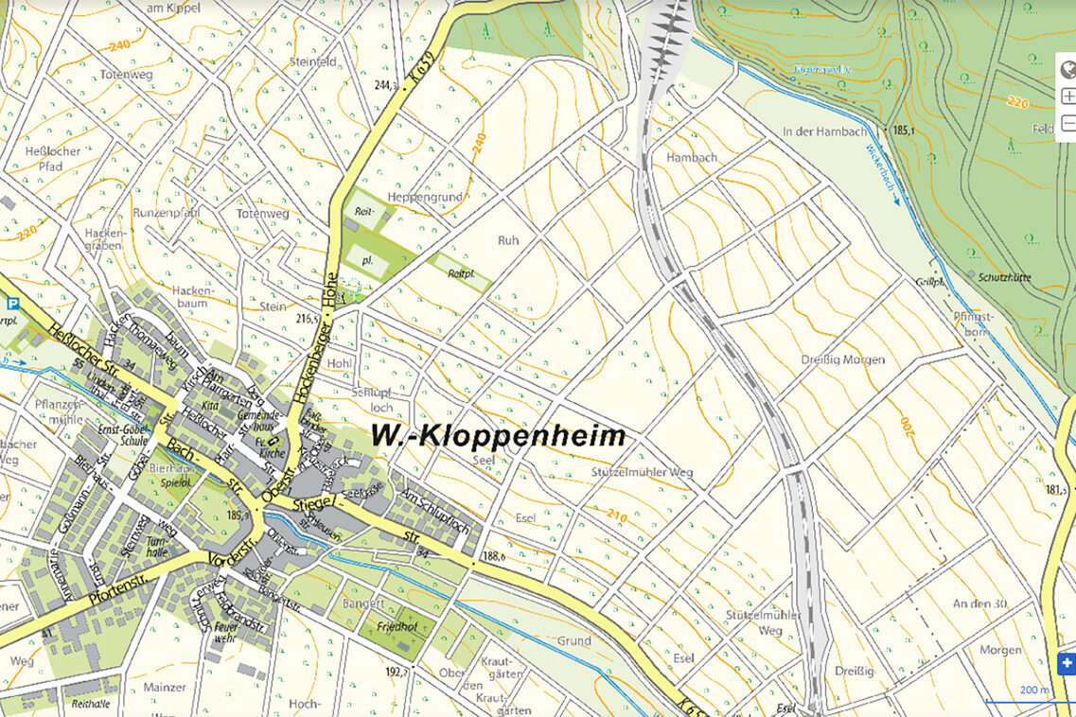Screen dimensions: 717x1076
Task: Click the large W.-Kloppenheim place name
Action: (x=498, y=436)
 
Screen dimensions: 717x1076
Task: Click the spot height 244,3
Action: (x=385, y=85)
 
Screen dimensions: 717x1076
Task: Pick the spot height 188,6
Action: (x=493, y=557)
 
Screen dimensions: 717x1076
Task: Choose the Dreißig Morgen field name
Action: (x=841, y=359)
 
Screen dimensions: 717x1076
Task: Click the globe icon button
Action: (x=1067, y=69)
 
